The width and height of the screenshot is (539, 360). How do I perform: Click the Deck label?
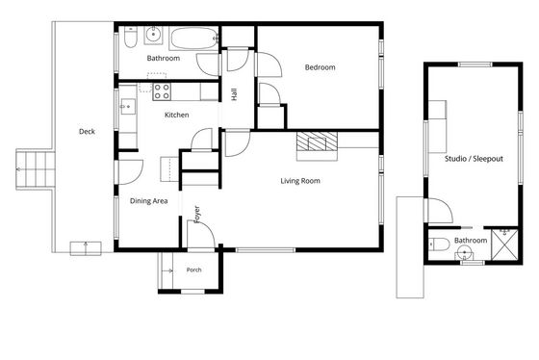click(x=87, y=131)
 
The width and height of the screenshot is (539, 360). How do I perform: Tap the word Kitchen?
click(x=177, y=115)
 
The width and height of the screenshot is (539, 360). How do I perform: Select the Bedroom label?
click(x=320, y=67)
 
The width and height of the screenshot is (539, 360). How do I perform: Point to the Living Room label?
click(x=300, y=181)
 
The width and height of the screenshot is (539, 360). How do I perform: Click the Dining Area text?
click(x=149, y=201)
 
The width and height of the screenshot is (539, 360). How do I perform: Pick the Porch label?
click(x=193, y=270)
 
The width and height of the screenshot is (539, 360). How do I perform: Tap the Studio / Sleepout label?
click(x=474, y=159)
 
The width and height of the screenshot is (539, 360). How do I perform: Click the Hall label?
click(x=234, y=94)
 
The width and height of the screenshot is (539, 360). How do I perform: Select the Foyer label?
click(x=197, y=215)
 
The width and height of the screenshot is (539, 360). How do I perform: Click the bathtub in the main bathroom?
click(x=193, y=39)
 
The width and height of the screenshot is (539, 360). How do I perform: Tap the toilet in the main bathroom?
click(x=131, y=37)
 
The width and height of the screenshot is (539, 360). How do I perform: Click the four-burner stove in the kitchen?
click(x=162, y=91)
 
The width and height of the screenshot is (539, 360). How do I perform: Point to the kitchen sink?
click(x=128, y=107)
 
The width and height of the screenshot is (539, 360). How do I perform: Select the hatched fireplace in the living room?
click(x=317, y=141)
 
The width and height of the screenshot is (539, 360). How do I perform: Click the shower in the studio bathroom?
click(x=504, y=244)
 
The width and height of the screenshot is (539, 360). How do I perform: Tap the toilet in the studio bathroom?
click(x=439, y=244)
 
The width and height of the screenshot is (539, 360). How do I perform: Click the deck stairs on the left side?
click(x=36, y=169)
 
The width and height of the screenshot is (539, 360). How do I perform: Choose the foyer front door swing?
click(x=201, y=234)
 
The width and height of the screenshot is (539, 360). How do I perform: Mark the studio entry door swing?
click(x=439, y=211)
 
